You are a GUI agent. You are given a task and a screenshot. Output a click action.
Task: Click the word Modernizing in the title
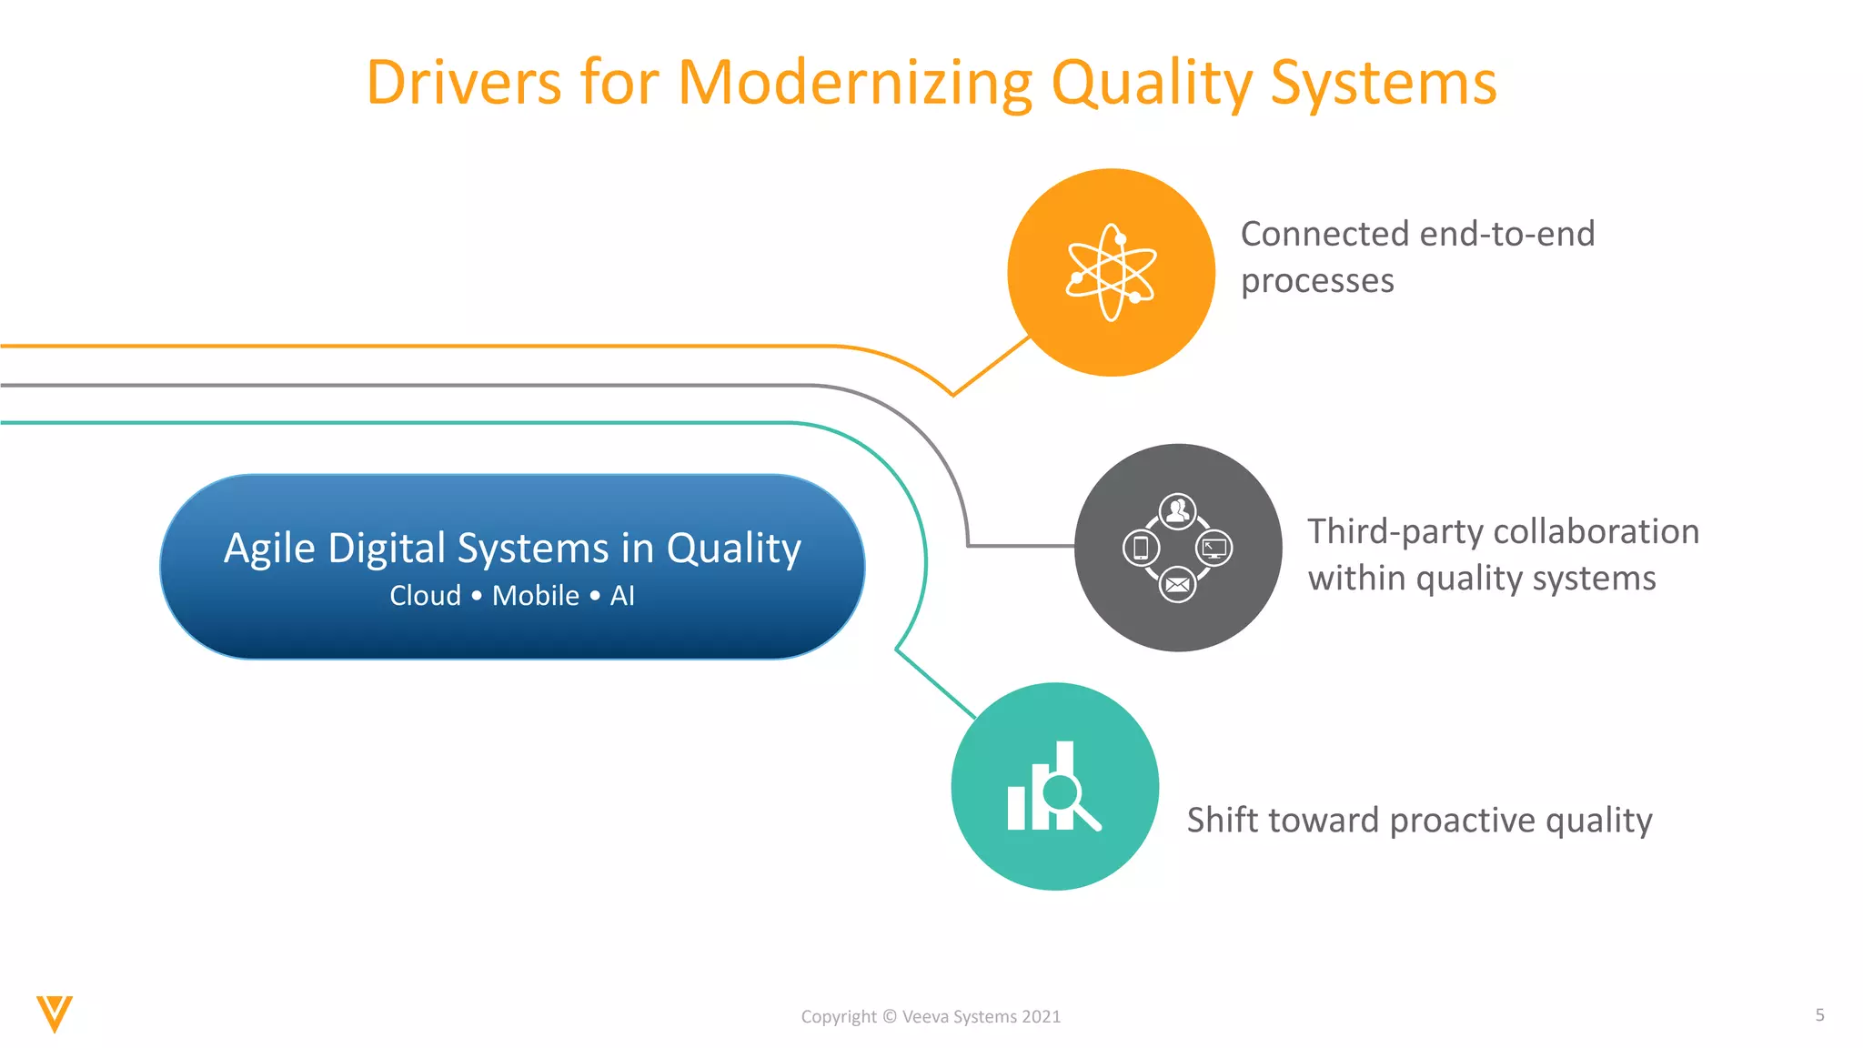point(855,84)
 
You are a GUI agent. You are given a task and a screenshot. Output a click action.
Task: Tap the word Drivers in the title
point(463,84)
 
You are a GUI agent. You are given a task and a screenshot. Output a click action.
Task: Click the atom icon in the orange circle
point(1111,272)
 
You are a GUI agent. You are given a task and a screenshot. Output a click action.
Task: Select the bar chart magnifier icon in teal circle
point(1053,788)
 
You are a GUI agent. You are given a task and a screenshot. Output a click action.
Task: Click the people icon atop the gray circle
point(1177,510)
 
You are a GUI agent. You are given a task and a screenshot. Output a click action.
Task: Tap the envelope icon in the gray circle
point(1177,585)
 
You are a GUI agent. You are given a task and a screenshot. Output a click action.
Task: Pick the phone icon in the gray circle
point(1141,548)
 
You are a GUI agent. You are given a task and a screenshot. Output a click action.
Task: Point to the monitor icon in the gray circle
point(1214,548)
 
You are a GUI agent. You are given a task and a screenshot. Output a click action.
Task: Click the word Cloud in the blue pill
point(425,596)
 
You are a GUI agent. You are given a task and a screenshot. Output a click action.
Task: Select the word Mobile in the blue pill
point(536,596)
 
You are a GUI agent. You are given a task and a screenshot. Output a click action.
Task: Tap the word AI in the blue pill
point(622,596)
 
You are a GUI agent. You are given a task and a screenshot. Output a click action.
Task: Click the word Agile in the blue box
point(269,549)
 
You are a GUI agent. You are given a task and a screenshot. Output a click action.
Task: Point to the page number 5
point(1819,1015)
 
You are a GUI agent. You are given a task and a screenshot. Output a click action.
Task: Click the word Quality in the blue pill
point(733,549)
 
